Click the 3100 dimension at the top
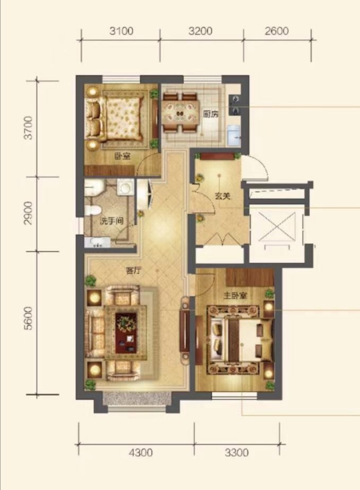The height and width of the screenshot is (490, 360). [x=121, y=31]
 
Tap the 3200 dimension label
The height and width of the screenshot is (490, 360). [x=200, y=31]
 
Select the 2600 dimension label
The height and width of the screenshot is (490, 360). [x=277, y=31]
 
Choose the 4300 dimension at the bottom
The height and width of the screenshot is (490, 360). [x=141, y=452]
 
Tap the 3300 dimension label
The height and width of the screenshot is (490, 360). [x=236, y=452]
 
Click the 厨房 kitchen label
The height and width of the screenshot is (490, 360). [x=211, y=115]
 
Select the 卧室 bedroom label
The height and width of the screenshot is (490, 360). [x=122, y=156]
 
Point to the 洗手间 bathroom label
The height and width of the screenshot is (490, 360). [x=111, y=221]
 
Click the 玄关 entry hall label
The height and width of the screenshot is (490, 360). [x=223, y=197]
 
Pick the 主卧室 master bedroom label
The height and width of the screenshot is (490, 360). [x=235, y=295]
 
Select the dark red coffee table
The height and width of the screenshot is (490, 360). [x=126, y=333]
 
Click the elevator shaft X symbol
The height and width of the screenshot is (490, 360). [x=277, y=226]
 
